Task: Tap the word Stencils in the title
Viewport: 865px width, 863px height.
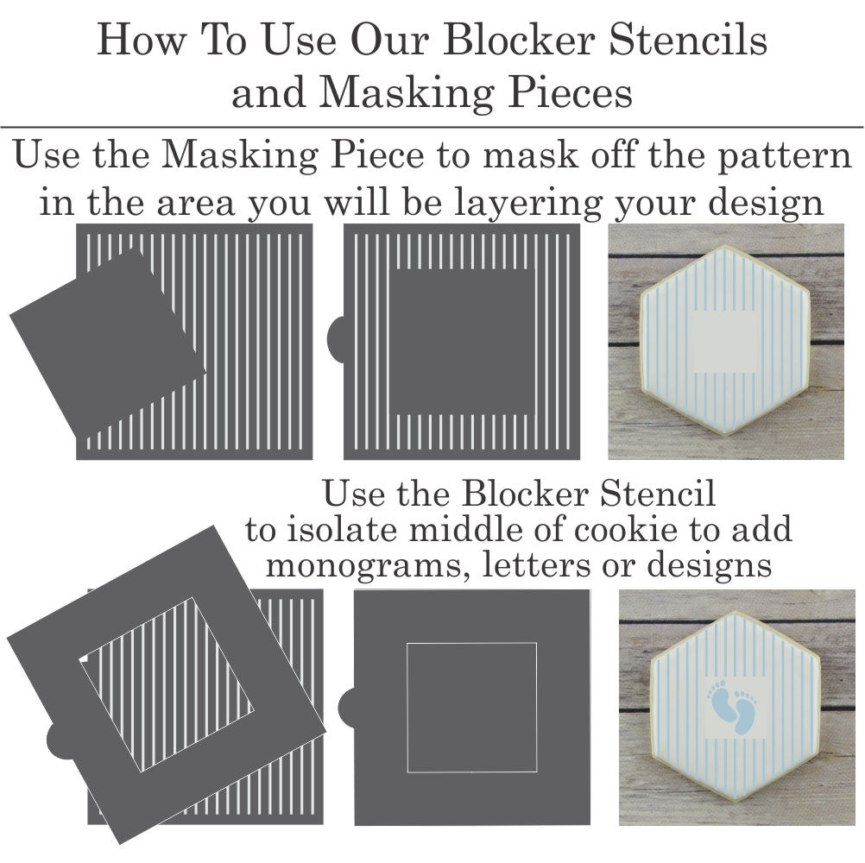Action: (x=688, y=40)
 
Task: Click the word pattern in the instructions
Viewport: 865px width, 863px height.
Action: (x=784, y=155)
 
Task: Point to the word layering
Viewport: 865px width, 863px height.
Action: (x=528, y=204)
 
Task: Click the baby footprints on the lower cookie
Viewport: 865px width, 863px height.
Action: (x=731, y=707)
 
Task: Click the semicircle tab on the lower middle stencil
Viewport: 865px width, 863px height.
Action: (x=346, y=708)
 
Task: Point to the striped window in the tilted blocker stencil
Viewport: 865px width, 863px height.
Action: (x=167, y=683)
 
